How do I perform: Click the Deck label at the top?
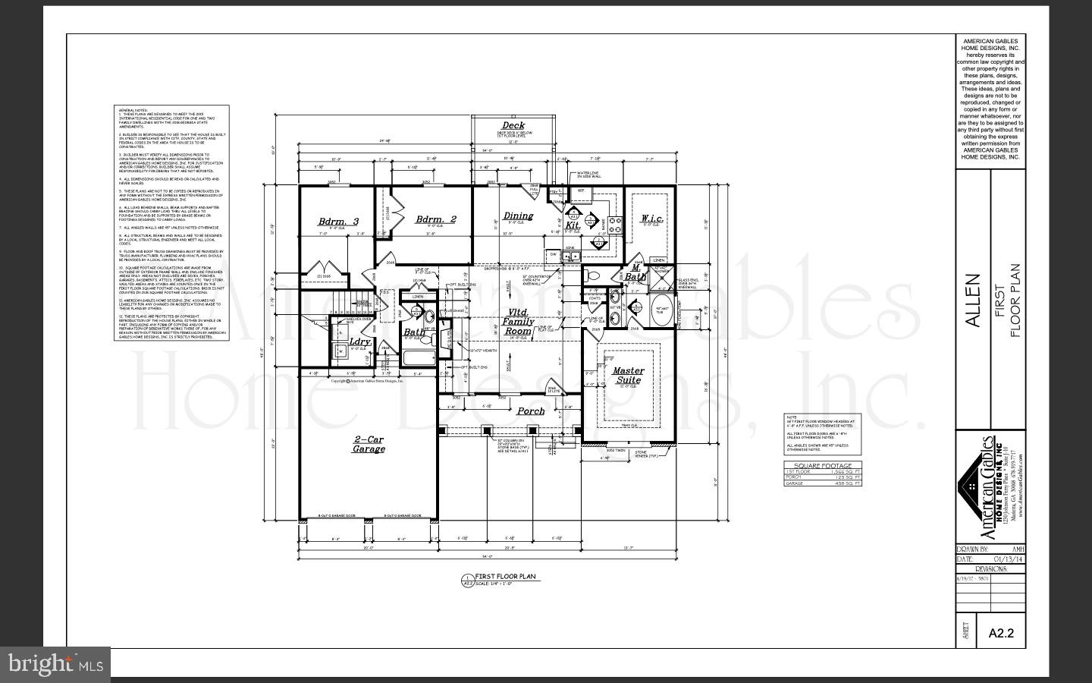(x=513, y=126)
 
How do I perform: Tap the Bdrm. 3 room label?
(x=338, y=222)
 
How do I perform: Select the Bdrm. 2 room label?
(x=436, y=219)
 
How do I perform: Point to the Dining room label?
(x=518, y=216)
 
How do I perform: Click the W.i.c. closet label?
(x=652, y=219)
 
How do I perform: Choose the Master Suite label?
(x=628, y=376)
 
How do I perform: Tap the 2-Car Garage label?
(x=369, y=444)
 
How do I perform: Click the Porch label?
(x=531, y=411)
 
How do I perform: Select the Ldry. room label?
(x=360, y=342)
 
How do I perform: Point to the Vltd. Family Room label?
(x=519, y=322)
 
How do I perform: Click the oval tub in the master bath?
(x=662, y=310)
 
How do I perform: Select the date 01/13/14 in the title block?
(x=1007, y=559)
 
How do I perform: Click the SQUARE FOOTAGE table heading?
(x=822, y=465)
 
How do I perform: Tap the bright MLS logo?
(x=55, y=665)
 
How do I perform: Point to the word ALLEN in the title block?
(x=973, y=301)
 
